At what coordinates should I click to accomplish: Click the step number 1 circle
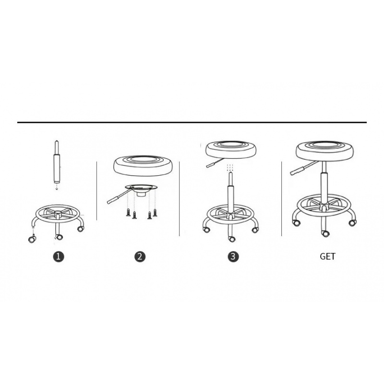58,257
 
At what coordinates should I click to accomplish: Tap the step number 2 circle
140,257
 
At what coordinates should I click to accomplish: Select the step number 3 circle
233,256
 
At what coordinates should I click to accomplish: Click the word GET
327,256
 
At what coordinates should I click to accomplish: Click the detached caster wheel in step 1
32,239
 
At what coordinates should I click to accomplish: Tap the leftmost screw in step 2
128,213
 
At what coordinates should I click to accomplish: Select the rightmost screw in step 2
155,213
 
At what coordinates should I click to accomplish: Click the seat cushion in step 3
231,149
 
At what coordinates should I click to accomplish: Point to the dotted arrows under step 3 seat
230,168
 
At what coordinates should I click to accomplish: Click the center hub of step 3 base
230,215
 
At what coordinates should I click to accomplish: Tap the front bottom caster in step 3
231,239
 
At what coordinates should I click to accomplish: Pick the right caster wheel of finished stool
352,223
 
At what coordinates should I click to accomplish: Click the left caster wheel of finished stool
296,223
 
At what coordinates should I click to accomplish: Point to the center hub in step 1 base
58,214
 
